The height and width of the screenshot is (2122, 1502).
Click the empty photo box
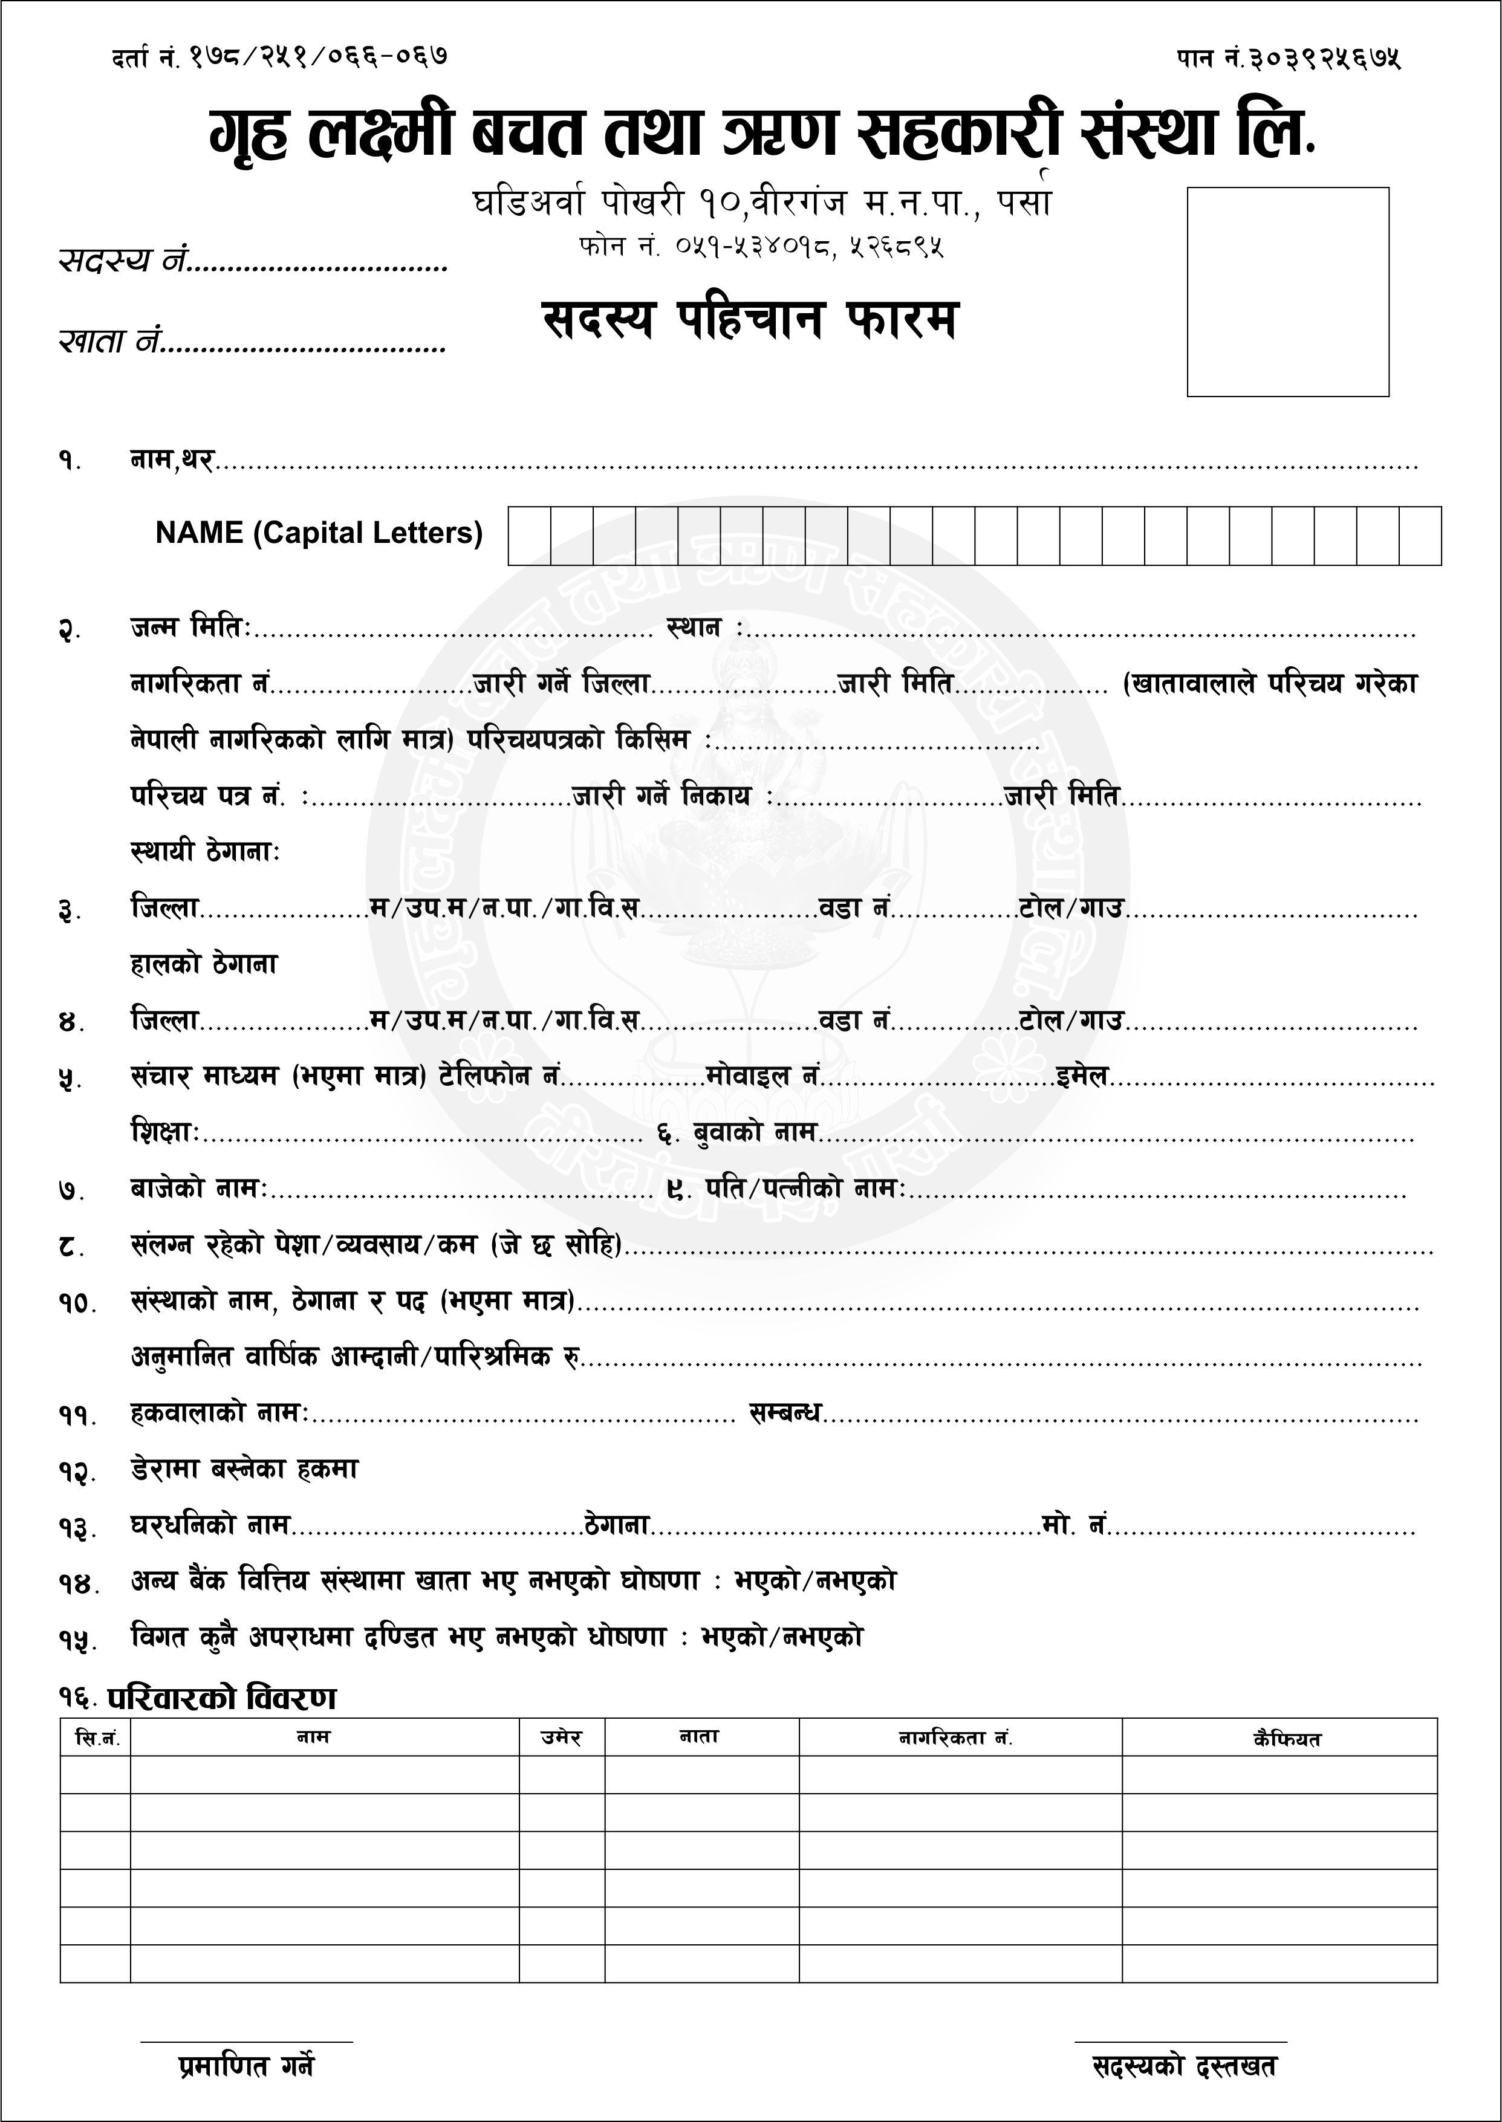click(x=1287, y=292)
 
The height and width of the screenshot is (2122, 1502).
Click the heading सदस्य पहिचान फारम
click(x=749, y=320)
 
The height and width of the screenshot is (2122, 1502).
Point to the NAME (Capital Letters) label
click(x=319, y=533)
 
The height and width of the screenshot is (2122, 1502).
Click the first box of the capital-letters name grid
click(x=529, y=536)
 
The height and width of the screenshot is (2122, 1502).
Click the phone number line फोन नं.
click(x=760, y=247)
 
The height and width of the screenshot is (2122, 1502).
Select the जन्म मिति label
click(x=190, y=628)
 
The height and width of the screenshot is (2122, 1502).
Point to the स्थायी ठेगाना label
click(x=204, y=851)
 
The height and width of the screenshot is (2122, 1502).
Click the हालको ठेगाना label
click(x=204, y=964)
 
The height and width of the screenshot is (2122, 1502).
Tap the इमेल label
click(x=1083, y=1076)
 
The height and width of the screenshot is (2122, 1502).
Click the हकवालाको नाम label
click(x=218, y=1413)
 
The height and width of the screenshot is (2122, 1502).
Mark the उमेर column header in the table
click(x=561, y=1738)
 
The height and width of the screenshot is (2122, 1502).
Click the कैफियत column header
click(x=1287, y=1739)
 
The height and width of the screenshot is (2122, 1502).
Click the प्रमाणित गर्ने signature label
click(x=246, y=2066)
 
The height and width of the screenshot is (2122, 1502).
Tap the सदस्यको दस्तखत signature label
click(x=1184, y=2066)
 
